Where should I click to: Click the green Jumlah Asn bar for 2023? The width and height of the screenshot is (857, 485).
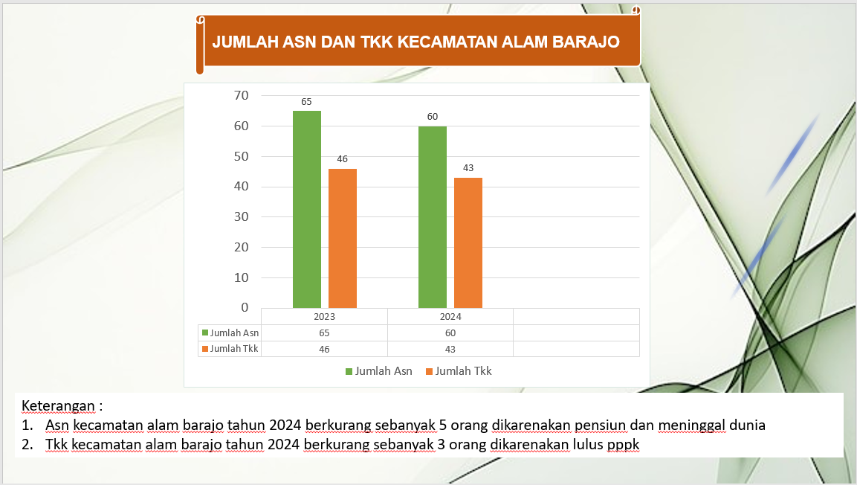tap(307, 210)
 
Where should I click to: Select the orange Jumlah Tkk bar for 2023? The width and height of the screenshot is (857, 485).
tap(343, 238)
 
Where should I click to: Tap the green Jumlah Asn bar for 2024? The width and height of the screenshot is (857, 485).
tap(433, 217)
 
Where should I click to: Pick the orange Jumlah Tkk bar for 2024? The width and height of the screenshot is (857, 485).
tap(468, 242)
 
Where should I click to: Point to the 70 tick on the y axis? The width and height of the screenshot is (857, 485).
tap(241, 96)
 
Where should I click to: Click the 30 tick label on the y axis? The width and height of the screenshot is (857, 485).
tap(241, 217)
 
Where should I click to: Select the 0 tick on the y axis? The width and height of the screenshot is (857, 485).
tap(245, 308)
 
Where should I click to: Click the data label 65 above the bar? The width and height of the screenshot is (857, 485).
tap(306, 102)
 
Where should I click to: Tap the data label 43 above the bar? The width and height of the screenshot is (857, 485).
tap(468, 168)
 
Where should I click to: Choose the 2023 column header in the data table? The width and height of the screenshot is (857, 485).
tap(324, 317)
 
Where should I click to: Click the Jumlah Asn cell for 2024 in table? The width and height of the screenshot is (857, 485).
tap(450, 333)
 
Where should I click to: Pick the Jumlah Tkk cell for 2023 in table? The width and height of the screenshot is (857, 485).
tap(324, 350)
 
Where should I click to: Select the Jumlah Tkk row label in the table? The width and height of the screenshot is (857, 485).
tap(230, 349)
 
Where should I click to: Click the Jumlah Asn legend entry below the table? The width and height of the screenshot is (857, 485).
tap(379, 371)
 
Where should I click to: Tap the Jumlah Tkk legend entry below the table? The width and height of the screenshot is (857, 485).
tap(459, 371)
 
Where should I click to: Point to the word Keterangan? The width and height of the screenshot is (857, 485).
tap(58, 405)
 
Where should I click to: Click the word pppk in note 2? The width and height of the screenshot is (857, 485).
tap(623, 445)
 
